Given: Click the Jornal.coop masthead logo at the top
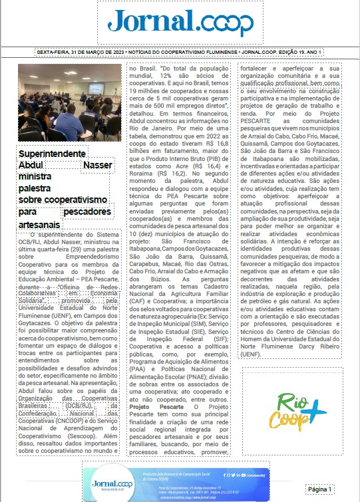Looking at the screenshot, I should coord(180,23).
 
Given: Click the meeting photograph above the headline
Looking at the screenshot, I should coord(65,102).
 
